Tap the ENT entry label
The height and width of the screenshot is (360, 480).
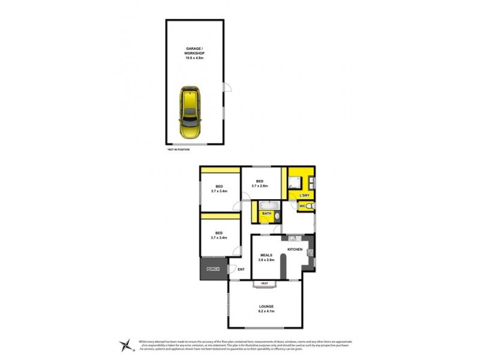(x=241, y=269)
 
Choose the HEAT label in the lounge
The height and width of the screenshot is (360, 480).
(x=264, y=283)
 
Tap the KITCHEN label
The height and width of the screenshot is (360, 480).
(x=295, y=249)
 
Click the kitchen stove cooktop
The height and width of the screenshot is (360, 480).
(x=310, y=252)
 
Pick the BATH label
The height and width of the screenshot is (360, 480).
(x=266, y=213)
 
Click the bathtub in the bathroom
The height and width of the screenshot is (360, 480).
(x=267, y=205)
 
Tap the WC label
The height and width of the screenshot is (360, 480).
(x=302, y=207)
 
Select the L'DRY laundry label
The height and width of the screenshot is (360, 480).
(x=304, y=196)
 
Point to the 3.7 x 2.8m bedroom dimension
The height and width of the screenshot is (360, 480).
(x=260, y=187)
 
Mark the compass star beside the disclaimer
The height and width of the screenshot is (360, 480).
(x=124, y=344)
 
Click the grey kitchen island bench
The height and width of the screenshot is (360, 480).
(x=283, y=264)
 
